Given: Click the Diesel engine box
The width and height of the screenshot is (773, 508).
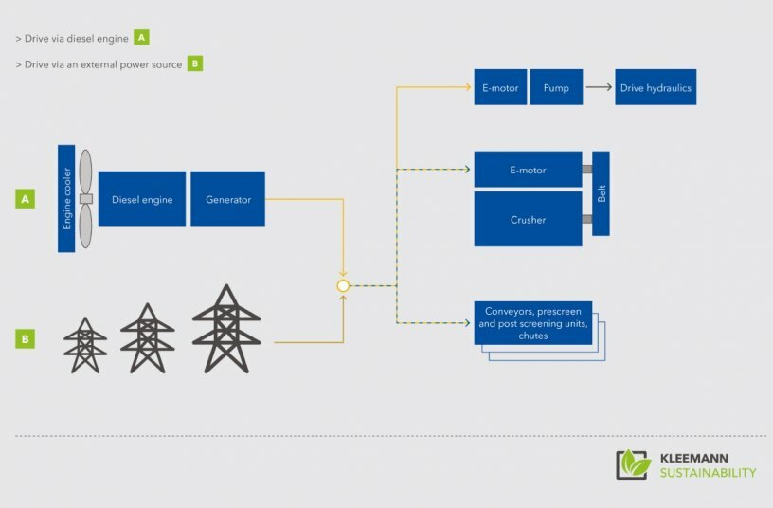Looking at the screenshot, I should (x=142, y=199).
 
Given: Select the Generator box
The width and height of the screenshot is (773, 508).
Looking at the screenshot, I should (x=227, y=199).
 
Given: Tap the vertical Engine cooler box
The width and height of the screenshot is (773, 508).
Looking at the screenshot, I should (x=66, y=199).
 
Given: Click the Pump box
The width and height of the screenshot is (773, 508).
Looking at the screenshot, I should (x=556, y=87).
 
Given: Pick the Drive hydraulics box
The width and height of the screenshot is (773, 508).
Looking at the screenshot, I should (x=656, y=87).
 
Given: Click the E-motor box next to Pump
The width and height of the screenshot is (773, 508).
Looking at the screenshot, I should (x=500, y=87).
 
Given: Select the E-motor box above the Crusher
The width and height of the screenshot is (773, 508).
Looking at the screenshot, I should (x=528, y=170).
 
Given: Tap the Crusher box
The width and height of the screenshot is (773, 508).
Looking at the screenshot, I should (x=528, y=219).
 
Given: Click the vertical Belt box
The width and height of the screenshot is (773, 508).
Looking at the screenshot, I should (x=601, y=193).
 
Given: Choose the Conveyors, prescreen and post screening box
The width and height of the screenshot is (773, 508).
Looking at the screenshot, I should (x=532, y=323).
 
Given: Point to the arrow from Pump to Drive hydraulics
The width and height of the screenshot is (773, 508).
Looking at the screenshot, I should (x=598, y=87).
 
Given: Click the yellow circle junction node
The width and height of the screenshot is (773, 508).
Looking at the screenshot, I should (x=343, y=285).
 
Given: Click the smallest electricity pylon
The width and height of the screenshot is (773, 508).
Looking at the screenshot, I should (x=85, y=345).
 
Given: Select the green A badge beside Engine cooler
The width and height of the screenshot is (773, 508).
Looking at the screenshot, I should (x=26, y=199).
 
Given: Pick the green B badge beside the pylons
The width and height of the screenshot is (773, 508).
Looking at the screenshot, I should (x=26, y=337).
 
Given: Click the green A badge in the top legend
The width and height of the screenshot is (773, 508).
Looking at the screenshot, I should (x=141, y=38).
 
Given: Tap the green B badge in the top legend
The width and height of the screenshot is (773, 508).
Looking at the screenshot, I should (x=194, y=64).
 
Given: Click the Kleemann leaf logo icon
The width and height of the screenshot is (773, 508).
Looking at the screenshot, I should (x=634, y=463).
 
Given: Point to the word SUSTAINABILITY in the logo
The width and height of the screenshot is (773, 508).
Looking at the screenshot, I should (x=708, y=473).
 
